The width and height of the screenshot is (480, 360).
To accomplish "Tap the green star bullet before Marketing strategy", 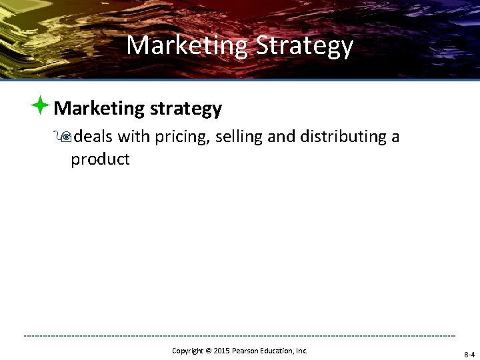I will pos(41,105).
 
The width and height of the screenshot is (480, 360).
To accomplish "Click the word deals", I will pos(93,137).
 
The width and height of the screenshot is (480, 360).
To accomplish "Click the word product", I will pos(100,160).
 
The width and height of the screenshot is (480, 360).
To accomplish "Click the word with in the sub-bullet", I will pos(133,137).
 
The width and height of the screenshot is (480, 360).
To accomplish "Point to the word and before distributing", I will pos(281,137).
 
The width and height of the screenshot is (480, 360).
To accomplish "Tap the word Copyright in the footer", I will pos(188,350).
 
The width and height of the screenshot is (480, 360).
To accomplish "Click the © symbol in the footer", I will pos(209,351).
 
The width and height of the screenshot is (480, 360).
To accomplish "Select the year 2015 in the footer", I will pos(221,350).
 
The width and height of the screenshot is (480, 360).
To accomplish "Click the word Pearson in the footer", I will pos(245,350).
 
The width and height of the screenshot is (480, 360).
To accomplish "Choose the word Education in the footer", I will pos(279,350).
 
